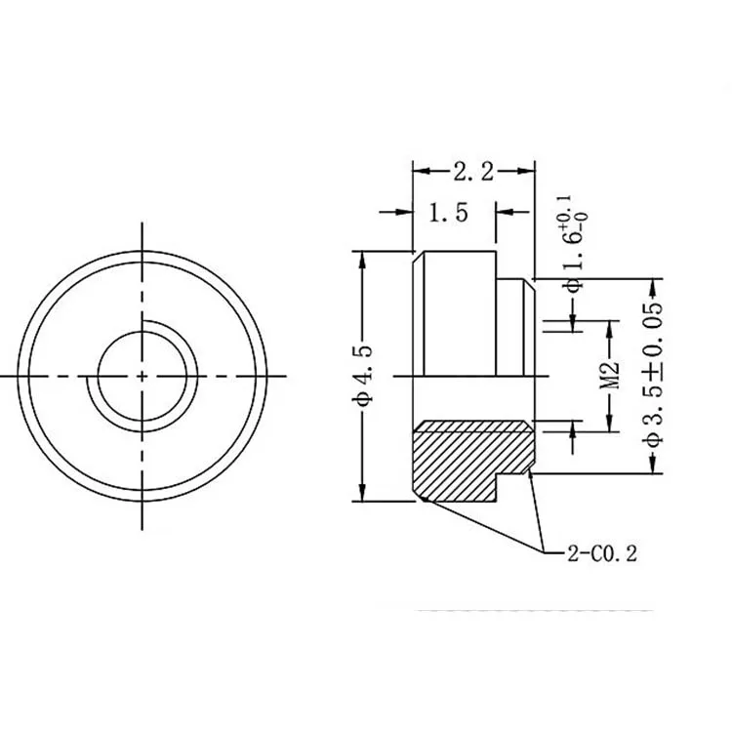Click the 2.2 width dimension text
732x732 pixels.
[473, 173]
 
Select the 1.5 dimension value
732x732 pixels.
[449, 212]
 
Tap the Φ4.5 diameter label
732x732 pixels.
[363, 376]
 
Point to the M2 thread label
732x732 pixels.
[610, 375]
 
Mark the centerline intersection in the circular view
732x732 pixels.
[142, 375]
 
